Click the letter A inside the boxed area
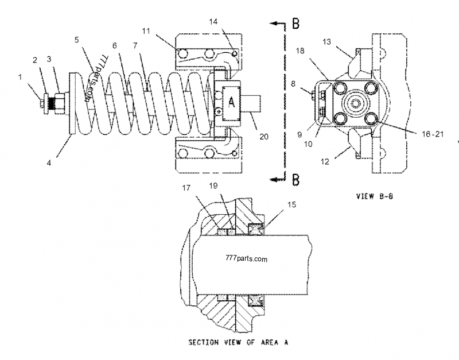coord(232,102)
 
